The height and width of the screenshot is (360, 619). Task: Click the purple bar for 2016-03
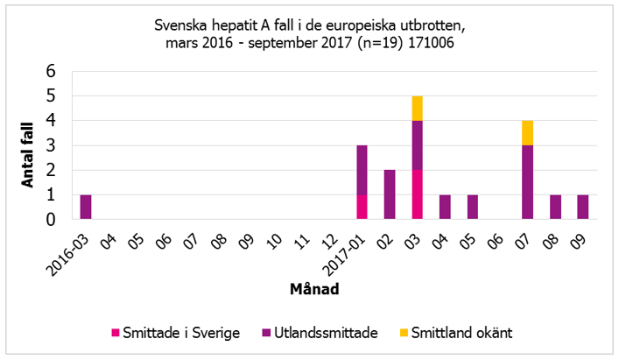tap(86, 207)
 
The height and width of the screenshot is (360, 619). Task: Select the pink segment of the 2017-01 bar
tap(362, 207)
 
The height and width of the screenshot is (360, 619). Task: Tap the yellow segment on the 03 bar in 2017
tap(418, 108)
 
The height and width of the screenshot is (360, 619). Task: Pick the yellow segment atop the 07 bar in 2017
tap(528, 132)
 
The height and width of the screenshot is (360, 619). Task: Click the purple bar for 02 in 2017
tap(390, 194)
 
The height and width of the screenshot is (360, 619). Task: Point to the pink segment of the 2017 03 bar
tap(418, 194)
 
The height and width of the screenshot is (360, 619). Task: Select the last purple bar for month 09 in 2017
tap(583, 207)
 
